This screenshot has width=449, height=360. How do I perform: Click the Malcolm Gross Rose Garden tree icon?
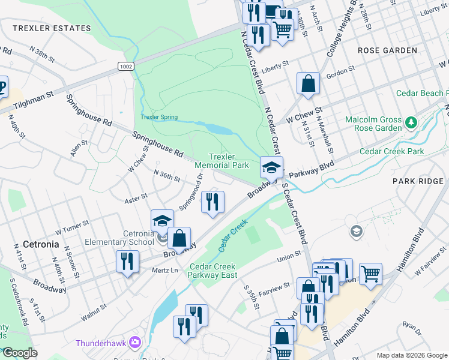pos(411,123)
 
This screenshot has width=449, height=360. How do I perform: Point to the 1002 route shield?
pos(125,66)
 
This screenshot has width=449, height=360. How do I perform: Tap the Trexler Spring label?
pos(159,117)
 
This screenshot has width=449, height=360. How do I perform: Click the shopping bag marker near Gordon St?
pos(308,84)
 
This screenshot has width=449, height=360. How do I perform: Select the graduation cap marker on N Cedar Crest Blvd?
pos(271,167)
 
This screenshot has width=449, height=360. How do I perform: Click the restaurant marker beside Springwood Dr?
pos(212,202)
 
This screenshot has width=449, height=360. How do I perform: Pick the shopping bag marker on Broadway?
pos(179,238)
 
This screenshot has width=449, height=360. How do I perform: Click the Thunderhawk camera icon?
pos(135,343)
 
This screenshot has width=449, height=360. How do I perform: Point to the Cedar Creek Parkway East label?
pos(213,271)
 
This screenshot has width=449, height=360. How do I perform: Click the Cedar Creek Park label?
pos(392,152)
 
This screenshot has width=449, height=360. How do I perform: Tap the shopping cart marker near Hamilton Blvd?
pos(371,274)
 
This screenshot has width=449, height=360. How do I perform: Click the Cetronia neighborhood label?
pos(41,244)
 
